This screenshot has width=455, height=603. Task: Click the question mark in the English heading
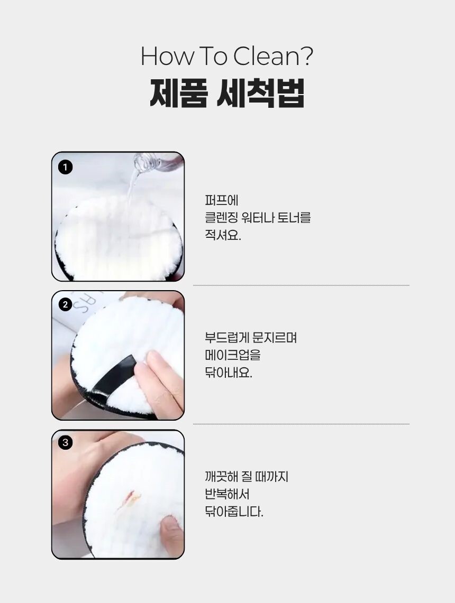pos(306,56)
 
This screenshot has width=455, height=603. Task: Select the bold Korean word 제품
pos(179,93)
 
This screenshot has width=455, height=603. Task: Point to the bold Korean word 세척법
pos(261,93)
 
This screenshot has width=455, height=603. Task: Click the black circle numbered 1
pos(66,167)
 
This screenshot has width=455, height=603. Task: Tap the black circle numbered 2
pos(66,304)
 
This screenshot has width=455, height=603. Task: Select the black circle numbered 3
pos(66,443)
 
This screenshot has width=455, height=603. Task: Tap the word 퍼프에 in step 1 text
pos(222,200)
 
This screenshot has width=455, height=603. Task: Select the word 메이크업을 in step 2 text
pos(233,355)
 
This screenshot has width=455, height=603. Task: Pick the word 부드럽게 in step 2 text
pos(227,338)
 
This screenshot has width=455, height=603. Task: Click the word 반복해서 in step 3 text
pos(227,494)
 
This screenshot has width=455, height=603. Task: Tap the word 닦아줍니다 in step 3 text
pos(234,512)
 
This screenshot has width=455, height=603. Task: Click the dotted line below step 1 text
pos(301,285)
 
